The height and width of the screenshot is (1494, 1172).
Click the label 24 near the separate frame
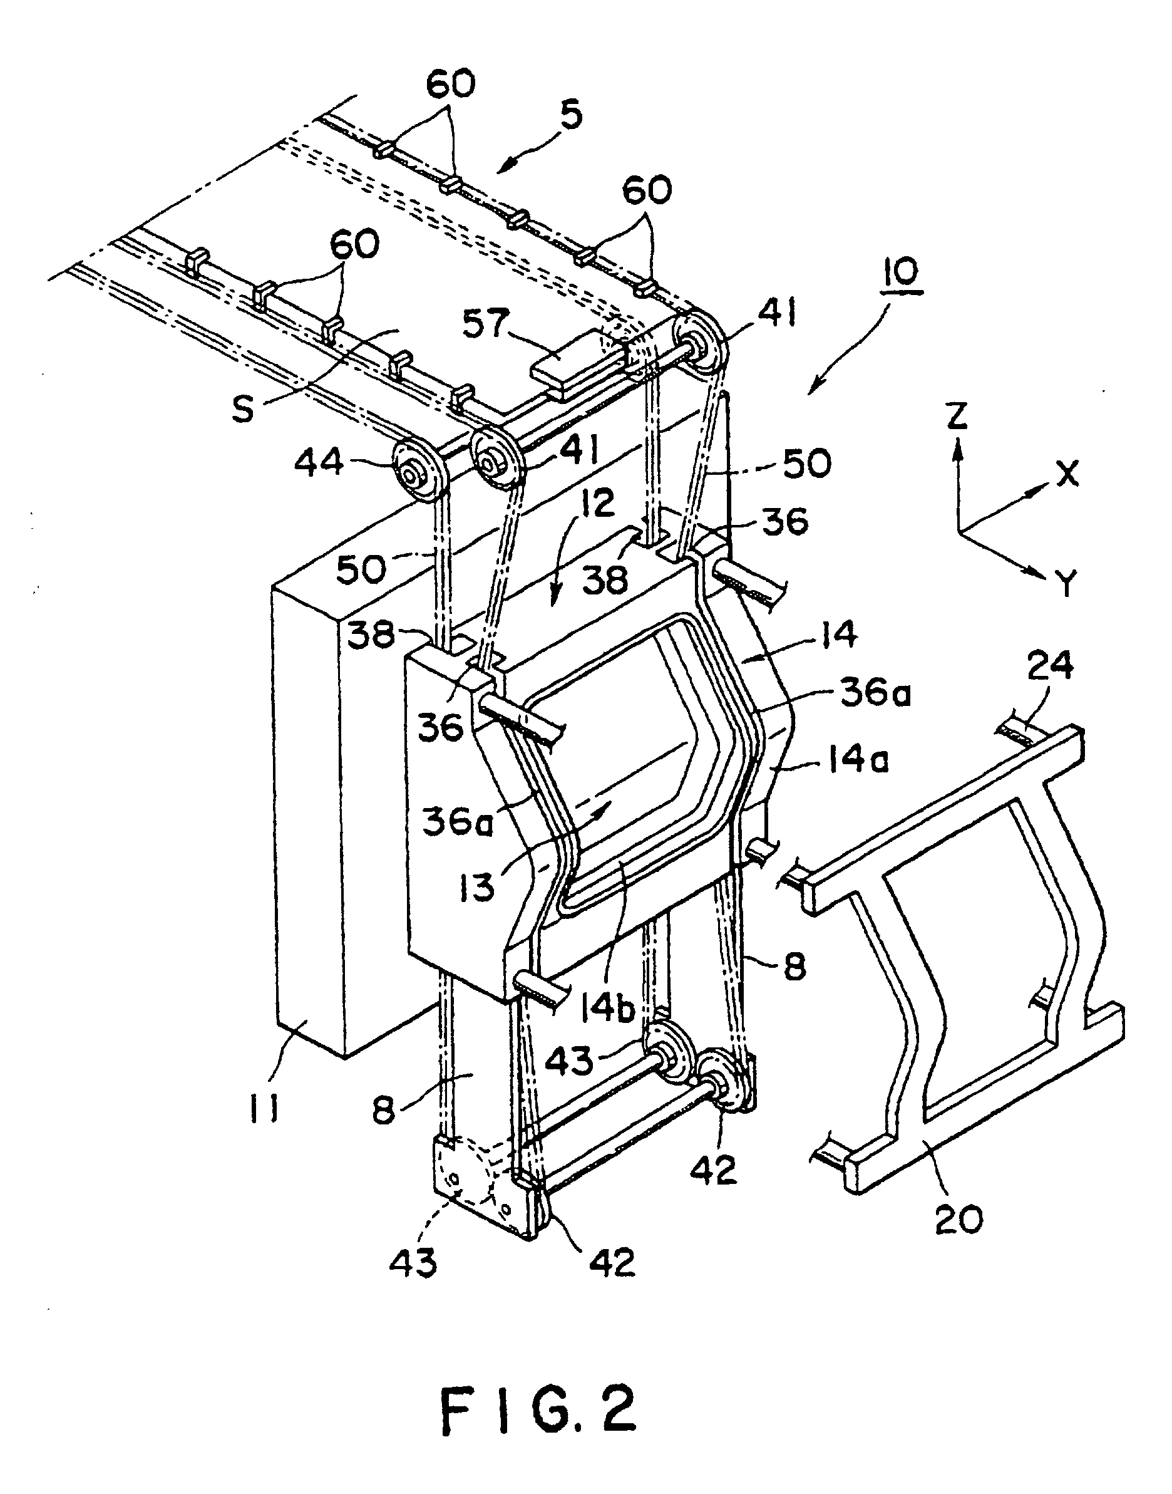point(1051,665)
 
